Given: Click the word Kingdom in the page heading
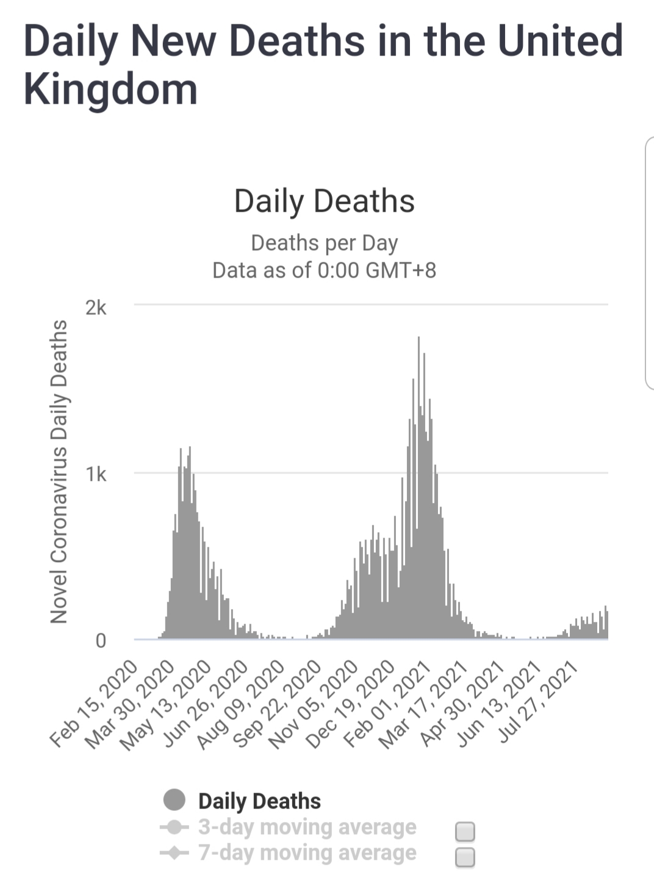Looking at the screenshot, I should (110, 90).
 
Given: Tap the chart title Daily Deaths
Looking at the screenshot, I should (324, 201).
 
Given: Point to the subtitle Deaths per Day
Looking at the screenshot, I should (324, 243).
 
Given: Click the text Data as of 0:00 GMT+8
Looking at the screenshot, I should (324, 270).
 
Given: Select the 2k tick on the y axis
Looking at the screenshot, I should (96, 308).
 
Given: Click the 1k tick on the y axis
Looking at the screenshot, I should (96, 474).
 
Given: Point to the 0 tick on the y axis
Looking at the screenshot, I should (101, 641).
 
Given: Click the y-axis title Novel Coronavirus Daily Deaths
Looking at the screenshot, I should (59, 472).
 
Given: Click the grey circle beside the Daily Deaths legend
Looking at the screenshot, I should (174, 800).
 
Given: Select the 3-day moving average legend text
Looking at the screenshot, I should (307, 827).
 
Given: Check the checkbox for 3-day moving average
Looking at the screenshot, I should (465, 831).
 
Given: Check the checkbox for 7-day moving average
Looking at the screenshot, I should (465, 857).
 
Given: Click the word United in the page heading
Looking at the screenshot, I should (561, 41).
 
